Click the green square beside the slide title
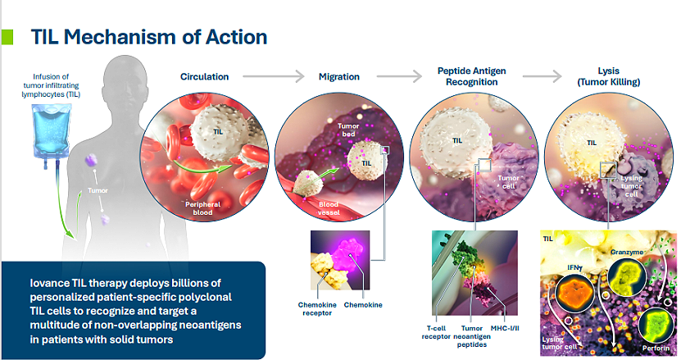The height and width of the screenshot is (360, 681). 7,37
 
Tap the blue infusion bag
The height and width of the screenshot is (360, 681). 52,131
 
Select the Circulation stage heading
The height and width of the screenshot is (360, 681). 205,76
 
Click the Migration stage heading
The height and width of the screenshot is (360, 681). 339,76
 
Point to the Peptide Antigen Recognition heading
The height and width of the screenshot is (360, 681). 472,76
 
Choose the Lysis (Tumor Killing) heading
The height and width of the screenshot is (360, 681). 608,76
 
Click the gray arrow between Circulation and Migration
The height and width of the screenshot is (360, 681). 274,76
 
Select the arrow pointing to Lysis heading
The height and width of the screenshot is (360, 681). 543,76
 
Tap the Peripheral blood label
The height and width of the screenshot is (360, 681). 202,208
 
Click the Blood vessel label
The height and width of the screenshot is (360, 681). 329,208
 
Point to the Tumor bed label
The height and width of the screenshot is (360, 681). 348,130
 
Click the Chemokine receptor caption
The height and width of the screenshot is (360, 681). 317,308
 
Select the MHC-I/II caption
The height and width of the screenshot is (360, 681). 505,328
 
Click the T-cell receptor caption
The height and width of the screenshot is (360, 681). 436,332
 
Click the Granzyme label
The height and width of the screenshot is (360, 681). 627,253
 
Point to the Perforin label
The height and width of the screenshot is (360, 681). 656,349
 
